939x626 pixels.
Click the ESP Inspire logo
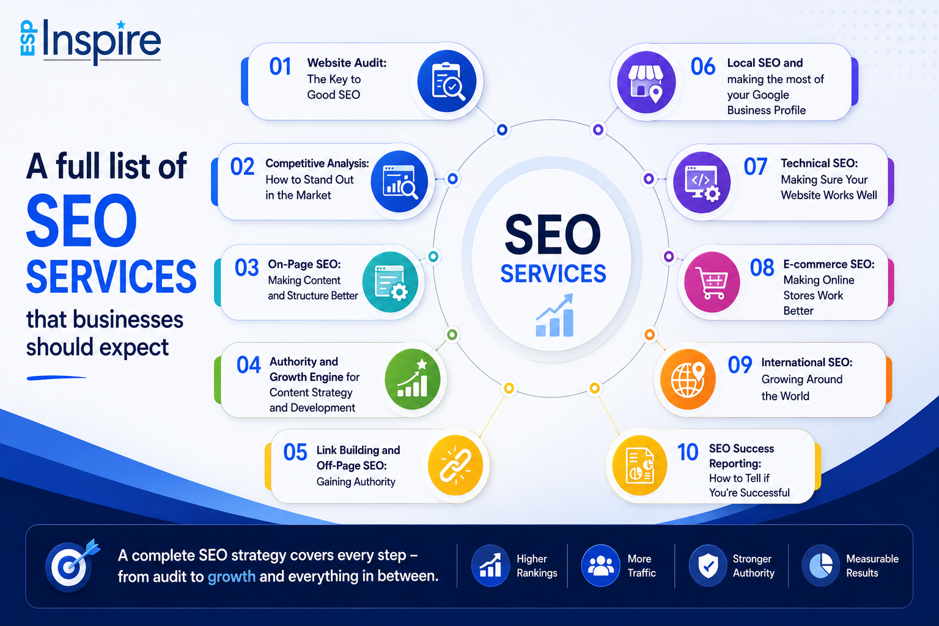coord(90,42)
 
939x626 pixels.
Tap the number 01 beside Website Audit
coord(280,67)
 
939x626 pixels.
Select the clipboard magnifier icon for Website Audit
coord(447,81)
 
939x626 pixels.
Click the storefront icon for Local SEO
coord(646,82)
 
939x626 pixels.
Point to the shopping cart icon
coord(712,282)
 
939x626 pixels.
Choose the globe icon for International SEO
coord(688,380)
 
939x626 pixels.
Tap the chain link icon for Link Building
coord(455,465)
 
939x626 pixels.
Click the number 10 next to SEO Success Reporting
coord(688,452)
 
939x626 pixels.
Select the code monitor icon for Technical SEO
coord(702,182)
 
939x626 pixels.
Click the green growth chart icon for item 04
coord(413,379)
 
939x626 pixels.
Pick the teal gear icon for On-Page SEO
coord(390,282)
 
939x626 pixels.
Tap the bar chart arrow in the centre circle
coord(554,315)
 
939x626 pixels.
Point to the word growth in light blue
coord(232,576)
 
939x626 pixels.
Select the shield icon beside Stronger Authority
coord(708,565)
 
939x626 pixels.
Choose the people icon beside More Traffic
coord(600,565)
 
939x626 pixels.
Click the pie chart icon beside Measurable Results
coord(821,565)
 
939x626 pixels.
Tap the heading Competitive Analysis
coord(317,163)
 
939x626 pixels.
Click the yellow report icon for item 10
coord(639,465)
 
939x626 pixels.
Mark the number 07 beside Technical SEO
coord(756,167)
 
